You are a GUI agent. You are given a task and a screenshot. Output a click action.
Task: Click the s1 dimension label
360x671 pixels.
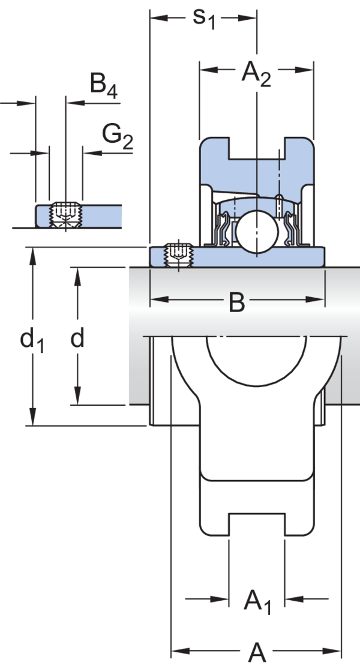203,18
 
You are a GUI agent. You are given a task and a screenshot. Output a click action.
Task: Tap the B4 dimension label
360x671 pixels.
103,86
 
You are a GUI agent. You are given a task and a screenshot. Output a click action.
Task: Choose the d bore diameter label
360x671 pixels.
77,340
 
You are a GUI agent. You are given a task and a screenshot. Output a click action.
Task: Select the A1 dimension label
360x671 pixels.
256,601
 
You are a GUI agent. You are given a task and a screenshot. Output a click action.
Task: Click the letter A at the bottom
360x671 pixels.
256,652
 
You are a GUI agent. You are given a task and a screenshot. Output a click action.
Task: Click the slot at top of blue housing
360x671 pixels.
256,146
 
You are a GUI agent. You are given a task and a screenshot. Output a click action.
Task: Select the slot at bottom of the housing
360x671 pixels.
256,524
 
